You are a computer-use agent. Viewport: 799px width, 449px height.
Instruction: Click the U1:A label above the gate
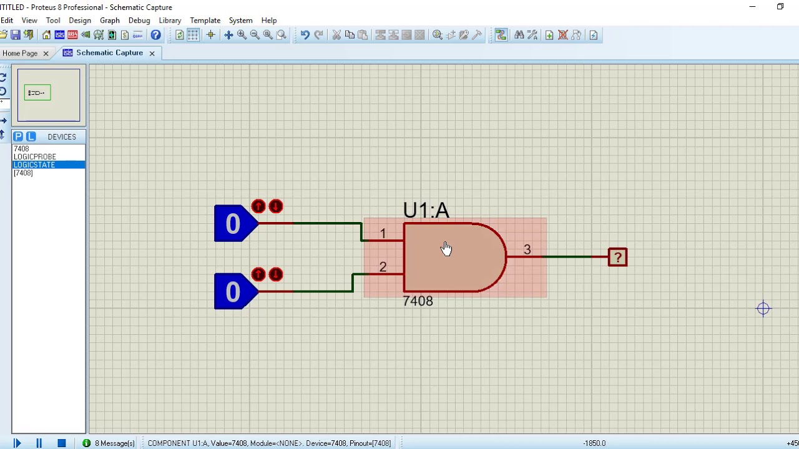426,211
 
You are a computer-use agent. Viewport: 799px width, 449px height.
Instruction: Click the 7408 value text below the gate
418,301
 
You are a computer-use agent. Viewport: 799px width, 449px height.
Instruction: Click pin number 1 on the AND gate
383,233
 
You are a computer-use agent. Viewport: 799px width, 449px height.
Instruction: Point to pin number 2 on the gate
383,267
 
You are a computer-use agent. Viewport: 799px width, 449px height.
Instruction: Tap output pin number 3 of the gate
527,249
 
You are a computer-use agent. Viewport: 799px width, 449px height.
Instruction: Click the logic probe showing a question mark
617,257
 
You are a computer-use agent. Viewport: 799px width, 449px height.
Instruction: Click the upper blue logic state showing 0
233,224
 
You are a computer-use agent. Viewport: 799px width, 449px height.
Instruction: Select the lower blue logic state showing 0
233,292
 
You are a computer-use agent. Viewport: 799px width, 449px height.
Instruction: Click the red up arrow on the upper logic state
258,206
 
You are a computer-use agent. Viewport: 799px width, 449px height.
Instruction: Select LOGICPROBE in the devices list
35,157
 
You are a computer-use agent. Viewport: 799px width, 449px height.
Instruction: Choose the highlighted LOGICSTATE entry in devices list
34,165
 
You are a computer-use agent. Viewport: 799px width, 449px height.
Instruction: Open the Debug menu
139,20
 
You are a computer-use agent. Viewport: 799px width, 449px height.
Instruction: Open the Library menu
170,20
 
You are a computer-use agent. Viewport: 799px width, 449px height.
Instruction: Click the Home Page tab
20,53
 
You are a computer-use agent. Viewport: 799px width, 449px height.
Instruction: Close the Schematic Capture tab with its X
152,53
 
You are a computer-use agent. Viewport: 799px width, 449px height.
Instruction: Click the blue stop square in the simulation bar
61,443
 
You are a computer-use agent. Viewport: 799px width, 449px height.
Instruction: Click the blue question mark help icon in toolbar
155,35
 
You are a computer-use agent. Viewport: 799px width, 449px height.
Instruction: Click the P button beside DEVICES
18,137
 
